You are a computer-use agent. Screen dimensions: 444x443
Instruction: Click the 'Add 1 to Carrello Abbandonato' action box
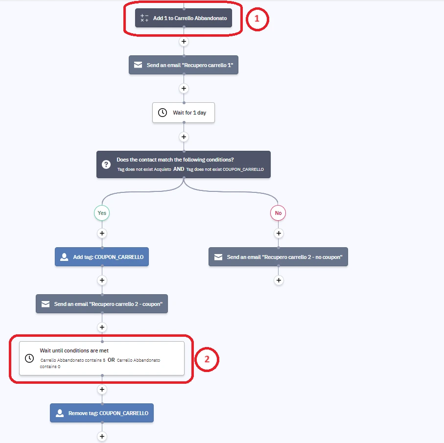(184, 18)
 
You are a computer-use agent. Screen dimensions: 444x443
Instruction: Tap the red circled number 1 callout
(257, 19)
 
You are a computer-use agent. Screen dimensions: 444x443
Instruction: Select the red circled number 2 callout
(207, 359)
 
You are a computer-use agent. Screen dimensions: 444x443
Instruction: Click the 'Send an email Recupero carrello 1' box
(184, 65)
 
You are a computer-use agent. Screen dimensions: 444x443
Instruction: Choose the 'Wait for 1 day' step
(184, 113)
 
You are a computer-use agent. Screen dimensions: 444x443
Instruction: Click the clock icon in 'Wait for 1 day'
(163, 113)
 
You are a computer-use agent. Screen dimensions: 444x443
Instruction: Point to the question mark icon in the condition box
(106, 164)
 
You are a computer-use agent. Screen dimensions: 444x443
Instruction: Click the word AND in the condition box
(179, 169)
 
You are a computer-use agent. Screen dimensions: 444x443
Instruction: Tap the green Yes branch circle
(102, 213)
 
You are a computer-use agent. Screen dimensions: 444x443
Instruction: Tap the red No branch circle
(278, 213)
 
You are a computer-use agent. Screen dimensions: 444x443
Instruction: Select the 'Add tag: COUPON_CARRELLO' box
(102, 256)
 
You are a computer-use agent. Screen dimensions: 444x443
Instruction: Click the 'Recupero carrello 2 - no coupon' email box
(279, 256)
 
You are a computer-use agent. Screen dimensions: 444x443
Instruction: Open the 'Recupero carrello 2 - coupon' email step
(102, 303)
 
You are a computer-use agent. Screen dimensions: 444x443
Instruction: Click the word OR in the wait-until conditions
(111, 360)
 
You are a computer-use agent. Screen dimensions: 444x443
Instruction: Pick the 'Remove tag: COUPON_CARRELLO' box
(102, 413)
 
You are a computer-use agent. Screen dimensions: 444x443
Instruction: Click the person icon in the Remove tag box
(60, 413)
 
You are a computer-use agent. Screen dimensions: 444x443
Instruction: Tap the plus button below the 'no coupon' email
(279, 280)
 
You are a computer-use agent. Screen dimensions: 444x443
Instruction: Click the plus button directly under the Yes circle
(102, 233)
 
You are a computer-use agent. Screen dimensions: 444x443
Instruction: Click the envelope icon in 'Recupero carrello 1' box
(138, 65)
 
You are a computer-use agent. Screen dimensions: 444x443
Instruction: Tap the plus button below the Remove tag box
(102, 436)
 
